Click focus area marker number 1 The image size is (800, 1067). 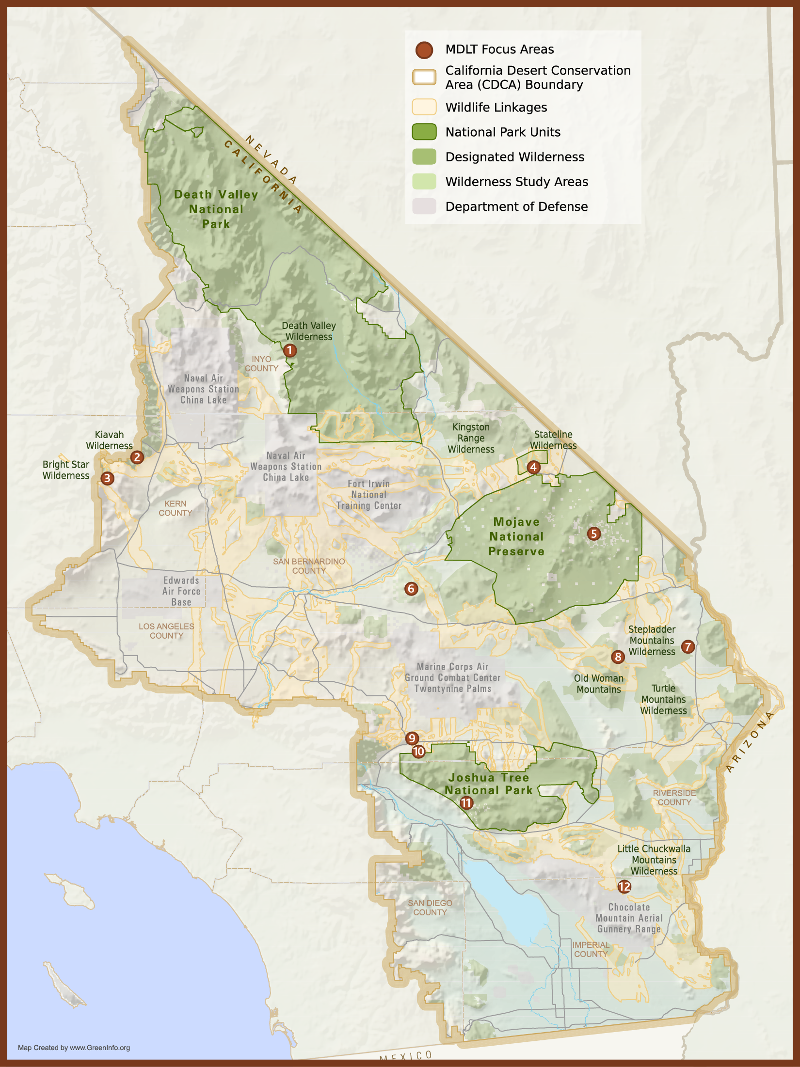pos(290,350)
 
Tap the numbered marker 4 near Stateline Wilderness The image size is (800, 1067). pos(533,467)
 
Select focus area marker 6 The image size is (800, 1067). pos(411,589)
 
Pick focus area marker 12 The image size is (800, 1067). pos(624,887)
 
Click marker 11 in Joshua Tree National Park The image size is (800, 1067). pos(466,803)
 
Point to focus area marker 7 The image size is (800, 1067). pos(688,646)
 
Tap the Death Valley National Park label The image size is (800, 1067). pos(216,209)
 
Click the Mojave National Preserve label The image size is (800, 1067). pos(516,536)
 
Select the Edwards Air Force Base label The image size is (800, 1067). pos(181,591)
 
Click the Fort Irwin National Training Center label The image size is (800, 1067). pos(369,495)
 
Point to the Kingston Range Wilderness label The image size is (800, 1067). pos(471,438)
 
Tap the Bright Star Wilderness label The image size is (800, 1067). pos(66,470)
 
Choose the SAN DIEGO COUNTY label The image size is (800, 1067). pos(430,908)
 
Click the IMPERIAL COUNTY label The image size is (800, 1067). pos(591,949)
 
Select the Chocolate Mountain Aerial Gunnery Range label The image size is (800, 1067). pos(629,918)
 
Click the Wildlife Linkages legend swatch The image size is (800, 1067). pos(424,107)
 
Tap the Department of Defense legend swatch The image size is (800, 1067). pos(424,206)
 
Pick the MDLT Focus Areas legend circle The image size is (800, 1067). pos(424,49)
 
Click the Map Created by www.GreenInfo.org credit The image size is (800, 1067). pos(74,1048)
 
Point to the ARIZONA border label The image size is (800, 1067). pos(750,742)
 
